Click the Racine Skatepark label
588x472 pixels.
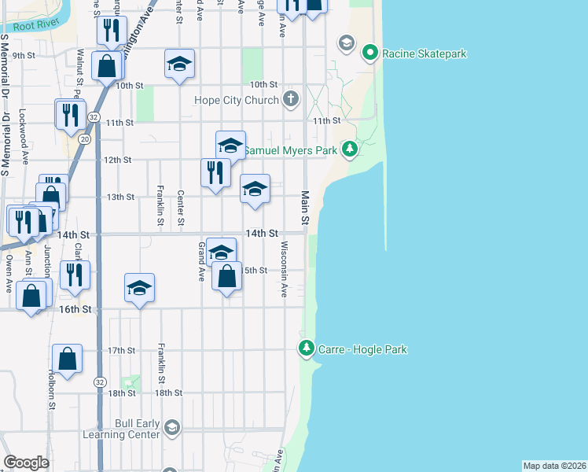424,53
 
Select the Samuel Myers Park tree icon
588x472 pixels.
351,149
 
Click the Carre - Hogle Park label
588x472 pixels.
362,348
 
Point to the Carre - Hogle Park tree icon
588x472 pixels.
307,348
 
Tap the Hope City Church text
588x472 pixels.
237,100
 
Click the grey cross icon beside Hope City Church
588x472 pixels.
291,99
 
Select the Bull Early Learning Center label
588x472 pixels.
127,429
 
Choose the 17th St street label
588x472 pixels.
122,350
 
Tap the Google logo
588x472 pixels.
26,463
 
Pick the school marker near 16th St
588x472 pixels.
139,288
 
